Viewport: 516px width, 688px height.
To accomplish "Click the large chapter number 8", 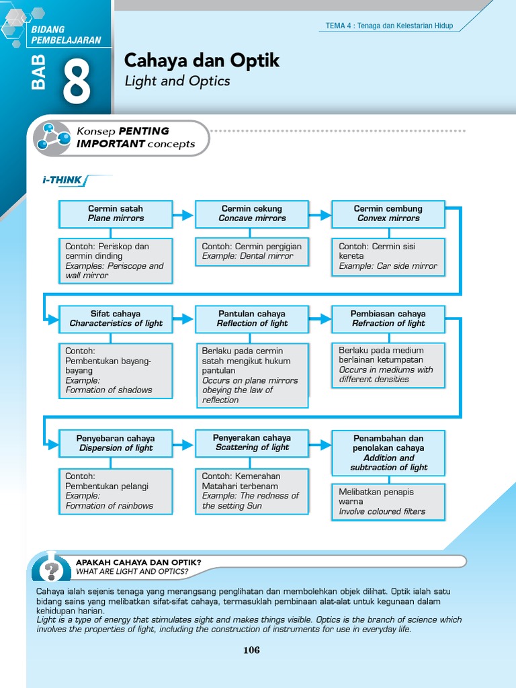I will (77, 82).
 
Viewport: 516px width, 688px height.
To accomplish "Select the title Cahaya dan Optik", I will (202, 61).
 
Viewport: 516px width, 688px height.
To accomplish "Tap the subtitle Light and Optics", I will (177, 81).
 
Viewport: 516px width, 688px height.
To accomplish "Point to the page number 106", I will (251, 650).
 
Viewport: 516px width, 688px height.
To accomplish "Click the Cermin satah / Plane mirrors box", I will (116, 214).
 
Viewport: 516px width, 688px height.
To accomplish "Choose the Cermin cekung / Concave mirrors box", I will (252, 214).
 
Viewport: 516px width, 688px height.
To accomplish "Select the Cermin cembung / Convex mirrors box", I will (388, 214).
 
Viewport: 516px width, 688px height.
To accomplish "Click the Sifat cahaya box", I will (116, 318).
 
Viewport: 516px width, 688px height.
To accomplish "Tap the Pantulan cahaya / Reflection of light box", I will (252, 318).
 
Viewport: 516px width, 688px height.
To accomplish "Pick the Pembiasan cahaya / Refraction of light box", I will (388, 318).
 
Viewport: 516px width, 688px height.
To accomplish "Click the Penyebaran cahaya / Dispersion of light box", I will (116, 443).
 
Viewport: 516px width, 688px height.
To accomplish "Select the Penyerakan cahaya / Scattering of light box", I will (252, 443).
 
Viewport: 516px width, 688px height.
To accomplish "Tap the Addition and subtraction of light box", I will (388, 453).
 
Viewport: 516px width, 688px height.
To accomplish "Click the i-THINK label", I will (62, 180).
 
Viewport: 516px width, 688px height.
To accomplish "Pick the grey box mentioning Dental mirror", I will (252, 251).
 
